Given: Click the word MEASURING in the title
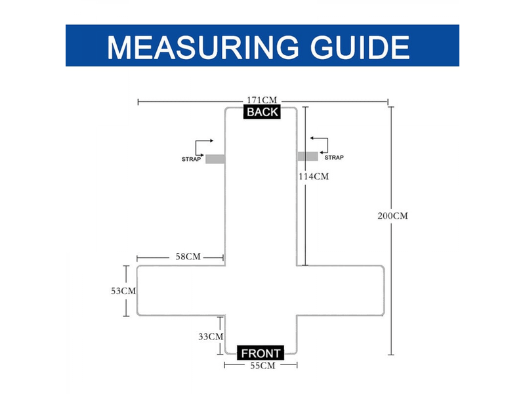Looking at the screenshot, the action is (x=203, y=47).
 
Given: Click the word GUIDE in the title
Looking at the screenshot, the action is (x=360, y=47).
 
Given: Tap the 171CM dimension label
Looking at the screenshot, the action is (x=262, y=100).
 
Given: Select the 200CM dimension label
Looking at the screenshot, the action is (x=392, y=216).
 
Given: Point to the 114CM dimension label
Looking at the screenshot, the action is (x=314, y=176).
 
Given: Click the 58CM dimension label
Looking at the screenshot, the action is (x=188, y=257).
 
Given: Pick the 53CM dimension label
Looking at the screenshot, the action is (x=123, y=291).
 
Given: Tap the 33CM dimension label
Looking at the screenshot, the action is (x=211, y=336).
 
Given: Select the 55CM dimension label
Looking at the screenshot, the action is (x=262, y=366).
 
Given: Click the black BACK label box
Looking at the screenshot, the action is (x=262, y=112).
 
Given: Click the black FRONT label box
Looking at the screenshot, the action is (x=261, y=353).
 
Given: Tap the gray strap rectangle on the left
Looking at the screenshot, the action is (x=215, y=159).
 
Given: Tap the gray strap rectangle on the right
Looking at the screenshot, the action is (x=308, y=156).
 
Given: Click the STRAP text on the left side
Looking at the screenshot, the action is (x=191, y=159).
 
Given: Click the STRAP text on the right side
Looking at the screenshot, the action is (x=334, y=158).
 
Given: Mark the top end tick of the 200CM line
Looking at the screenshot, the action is (x=390, y=107).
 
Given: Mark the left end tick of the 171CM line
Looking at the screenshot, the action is (x=138, y=102).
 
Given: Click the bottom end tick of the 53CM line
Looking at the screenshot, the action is (x=126, y=316).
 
